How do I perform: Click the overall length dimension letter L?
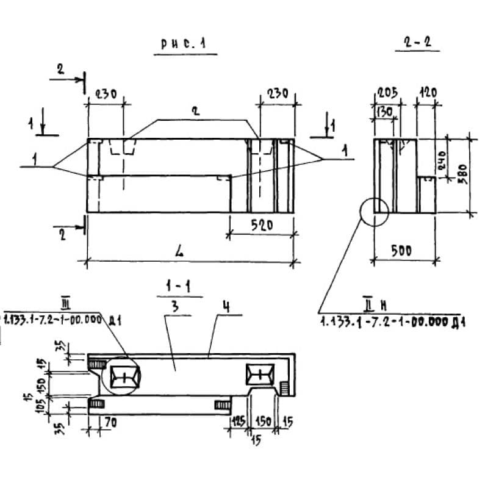coord(181,251)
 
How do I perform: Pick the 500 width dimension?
coord(402,250)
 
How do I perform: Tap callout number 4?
coord(226,307)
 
